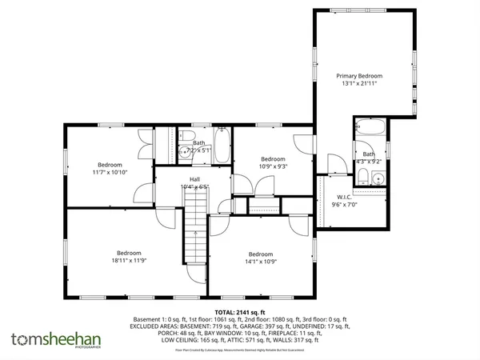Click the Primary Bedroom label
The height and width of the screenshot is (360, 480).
click(x=363, y=74)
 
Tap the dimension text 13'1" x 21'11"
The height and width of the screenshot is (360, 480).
click(x=363, y=83)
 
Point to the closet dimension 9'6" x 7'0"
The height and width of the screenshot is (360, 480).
click(x=345, y=205)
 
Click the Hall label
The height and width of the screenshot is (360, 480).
click(x=194, y=178)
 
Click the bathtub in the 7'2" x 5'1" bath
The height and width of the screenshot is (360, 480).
click(x=222, y=144)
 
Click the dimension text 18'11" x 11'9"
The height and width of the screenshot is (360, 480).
click(x=129, y=259)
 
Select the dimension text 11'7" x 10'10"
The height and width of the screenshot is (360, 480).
click(x=109, y=171)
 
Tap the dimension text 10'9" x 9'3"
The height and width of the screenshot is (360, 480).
click(x=273, y=166)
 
